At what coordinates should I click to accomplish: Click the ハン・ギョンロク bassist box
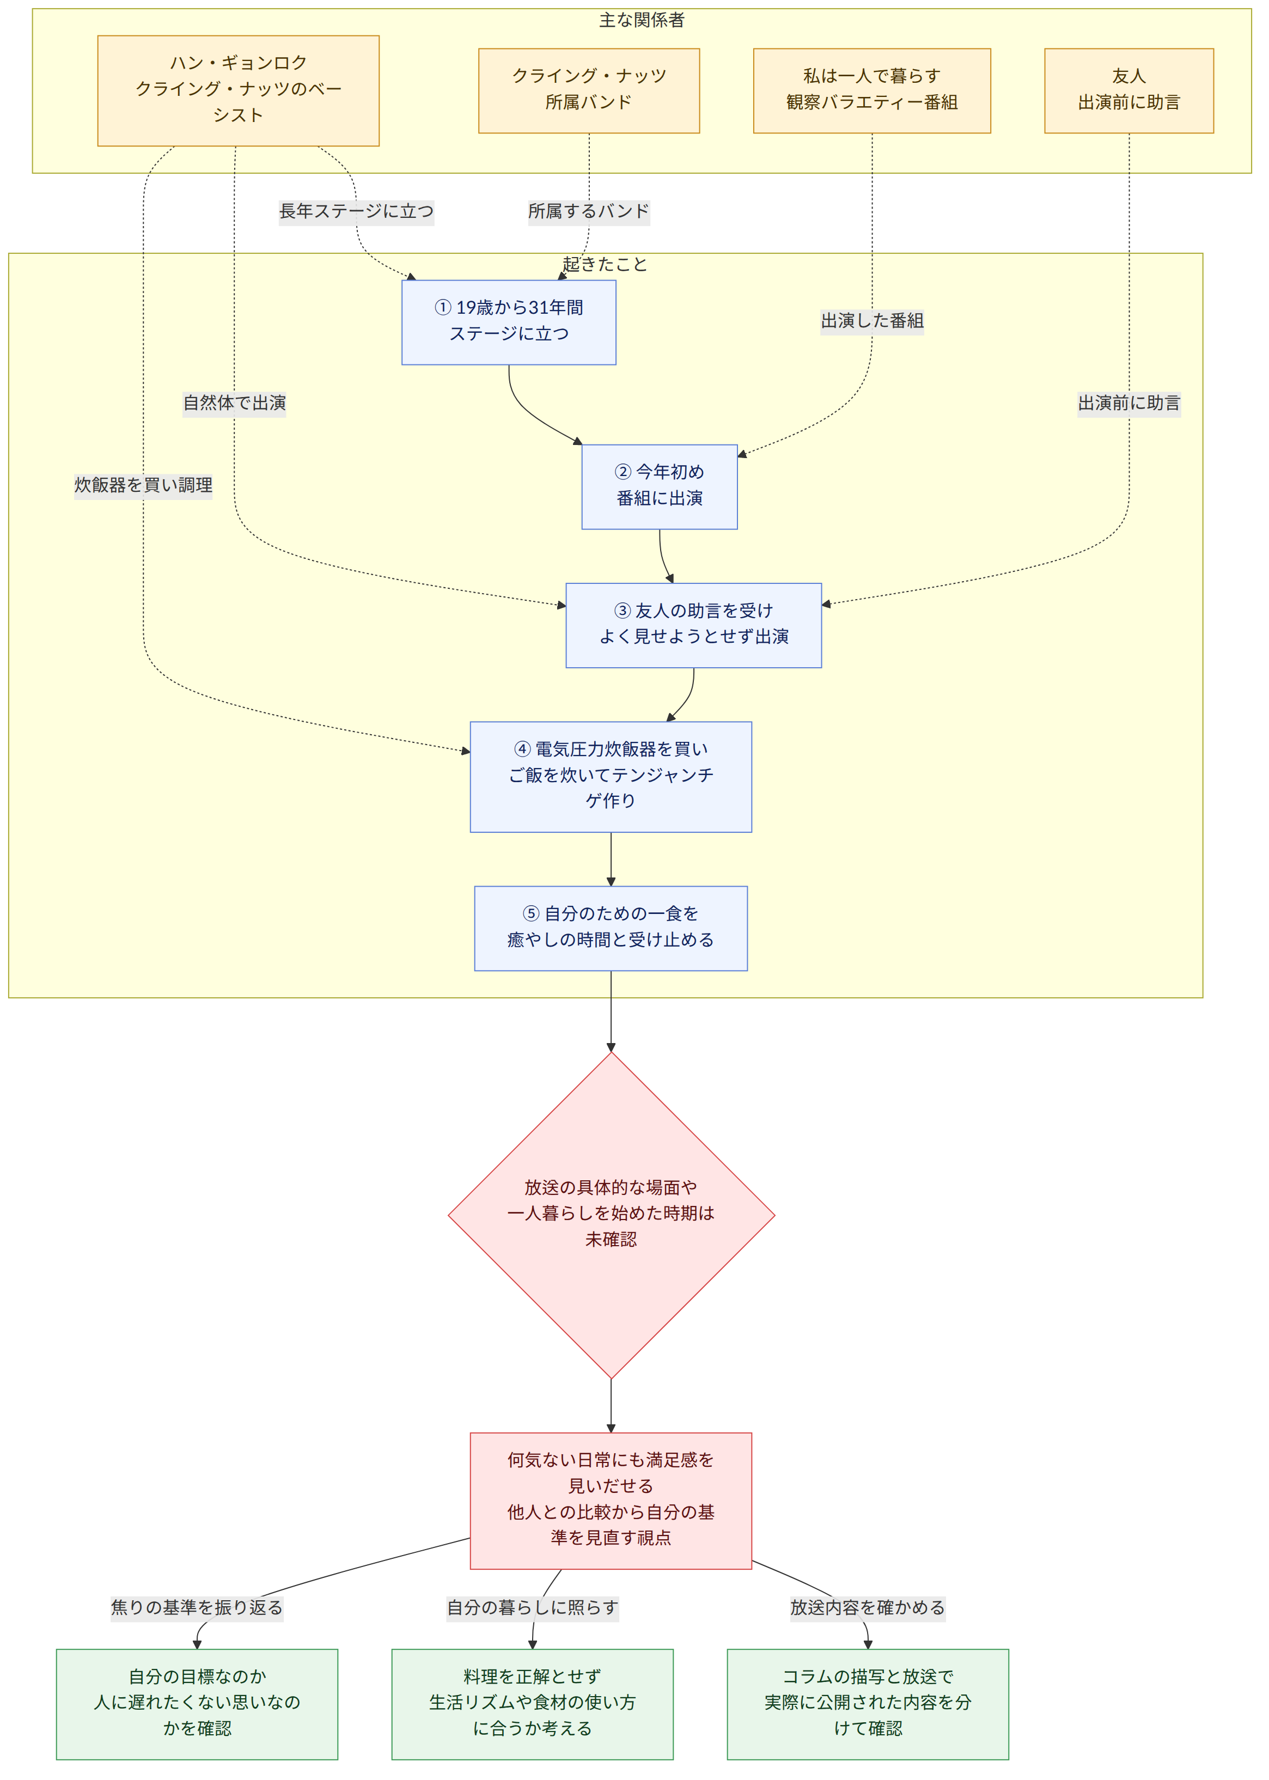[239, 90]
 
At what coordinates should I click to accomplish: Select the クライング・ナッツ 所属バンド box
[588, 90]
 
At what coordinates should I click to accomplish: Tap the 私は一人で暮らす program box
[871, 90]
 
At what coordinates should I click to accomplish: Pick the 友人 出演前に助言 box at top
[1128, 90]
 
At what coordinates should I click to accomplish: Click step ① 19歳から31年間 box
[509, 322]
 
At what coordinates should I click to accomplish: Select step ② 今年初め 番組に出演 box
[660, 487]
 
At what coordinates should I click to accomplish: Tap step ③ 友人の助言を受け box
[693, 625]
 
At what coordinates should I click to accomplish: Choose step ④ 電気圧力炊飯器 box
[611, 777]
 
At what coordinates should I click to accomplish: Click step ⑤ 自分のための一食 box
[611, 928]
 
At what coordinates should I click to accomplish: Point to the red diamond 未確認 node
[611, 1215]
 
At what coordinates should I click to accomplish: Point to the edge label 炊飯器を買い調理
[143, 485]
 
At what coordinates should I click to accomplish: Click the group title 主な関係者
[642, 20]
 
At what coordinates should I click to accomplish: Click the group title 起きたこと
[605, 264]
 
